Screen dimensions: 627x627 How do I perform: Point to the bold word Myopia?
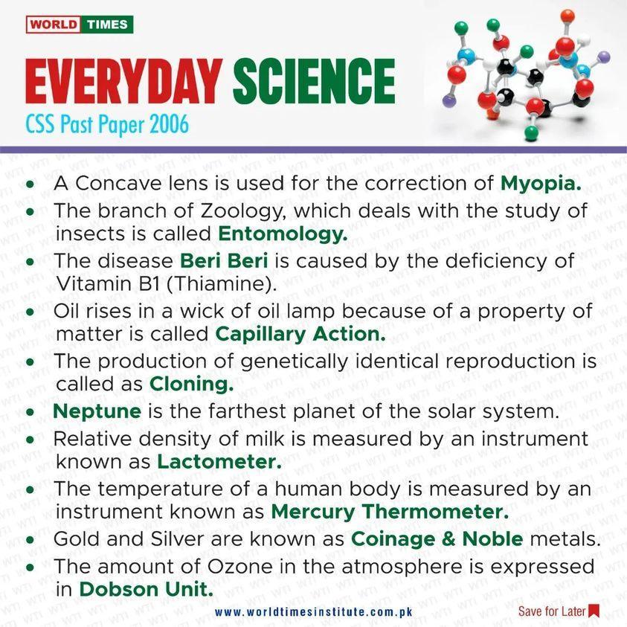click(x=541, y=182)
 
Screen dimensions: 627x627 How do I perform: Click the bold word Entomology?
click(x=283, y=234)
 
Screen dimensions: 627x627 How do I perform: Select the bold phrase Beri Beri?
click(x=225, y=261)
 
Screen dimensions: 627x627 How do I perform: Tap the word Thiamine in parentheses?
click(x=228, y=283)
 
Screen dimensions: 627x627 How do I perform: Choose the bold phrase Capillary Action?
click(x=300, y=334)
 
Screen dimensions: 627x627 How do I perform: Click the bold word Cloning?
click(x=192, y=385)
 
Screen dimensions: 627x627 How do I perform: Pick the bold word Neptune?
click(x=97, y=411)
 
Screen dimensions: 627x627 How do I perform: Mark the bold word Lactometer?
click(x=219, y=461)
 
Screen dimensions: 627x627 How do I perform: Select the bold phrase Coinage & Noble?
click(x=437, y=538)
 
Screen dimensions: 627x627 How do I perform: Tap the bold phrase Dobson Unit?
click(x=147, y=588)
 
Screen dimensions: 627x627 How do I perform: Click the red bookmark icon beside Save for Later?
click(x=594, y=611)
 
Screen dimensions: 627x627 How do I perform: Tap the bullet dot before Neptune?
click(x=30, y=411)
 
